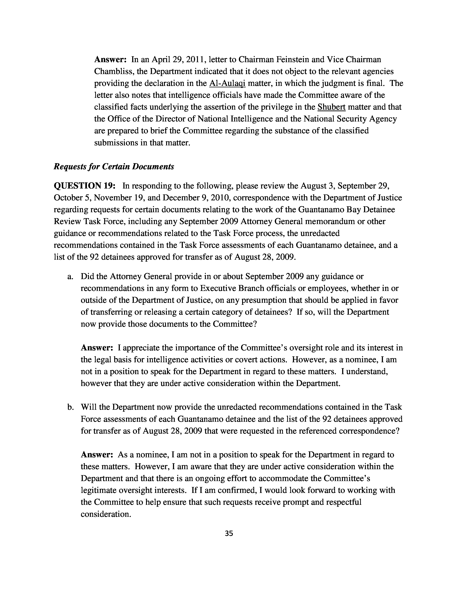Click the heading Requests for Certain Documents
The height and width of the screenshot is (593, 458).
click(x=114, y=166)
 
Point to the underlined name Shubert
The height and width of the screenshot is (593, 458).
click(x=331, y=107)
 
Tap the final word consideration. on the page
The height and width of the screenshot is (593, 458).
click(x=106, y=514)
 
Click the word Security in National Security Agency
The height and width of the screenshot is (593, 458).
click(x=352, y=119)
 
